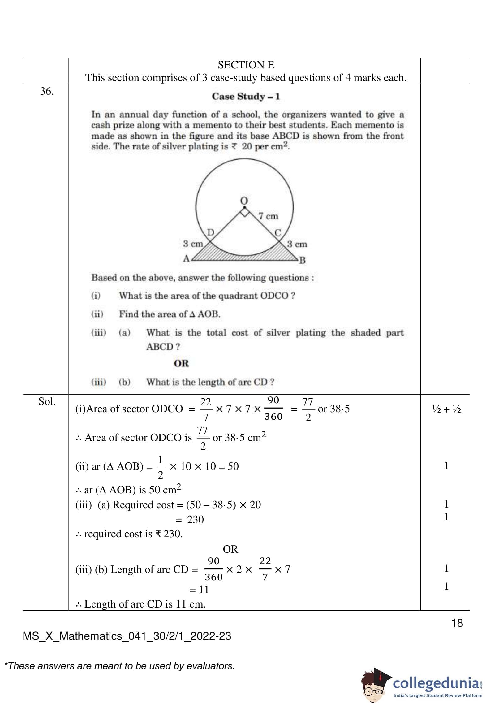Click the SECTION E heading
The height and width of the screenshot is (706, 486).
[x=246, y=65]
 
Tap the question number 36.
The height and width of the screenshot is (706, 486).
[x=47, y=91]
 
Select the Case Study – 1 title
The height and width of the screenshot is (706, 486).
[x=246, y=97]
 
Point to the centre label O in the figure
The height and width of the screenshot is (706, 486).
[x=244, y=200]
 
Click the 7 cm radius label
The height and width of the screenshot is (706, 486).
[x=268, y=216]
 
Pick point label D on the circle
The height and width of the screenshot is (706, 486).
[x=210, y=232]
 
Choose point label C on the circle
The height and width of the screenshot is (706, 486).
[x=277, y=232]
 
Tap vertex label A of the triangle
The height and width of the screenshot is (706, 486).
[x=186, y=258]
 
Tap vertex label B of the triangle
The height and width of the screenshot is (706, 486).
[x=302, y=260]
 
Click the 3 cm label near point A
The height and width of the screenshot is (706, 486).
[x=193, y=244]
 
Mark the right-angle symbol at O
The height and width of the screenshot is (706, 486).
[x=244, y=213]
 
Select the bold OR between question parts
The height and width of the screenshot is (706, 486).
[x=181, y=363]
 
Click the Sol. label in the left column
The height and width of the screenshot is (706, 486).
[x=47, y=401]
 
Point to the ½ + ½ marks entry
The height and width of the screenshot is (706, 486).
[x=446, y=409]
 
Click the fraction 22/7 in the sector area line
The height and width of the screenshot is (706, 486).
[x=205, y=409]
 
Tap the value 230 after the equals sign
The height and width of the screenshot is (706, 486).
[x=195, y=519]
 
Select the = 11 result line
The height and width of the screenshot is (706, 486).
[x=199, y=589]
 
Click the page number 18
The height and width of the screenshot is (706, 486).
[x=457, y=623]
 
